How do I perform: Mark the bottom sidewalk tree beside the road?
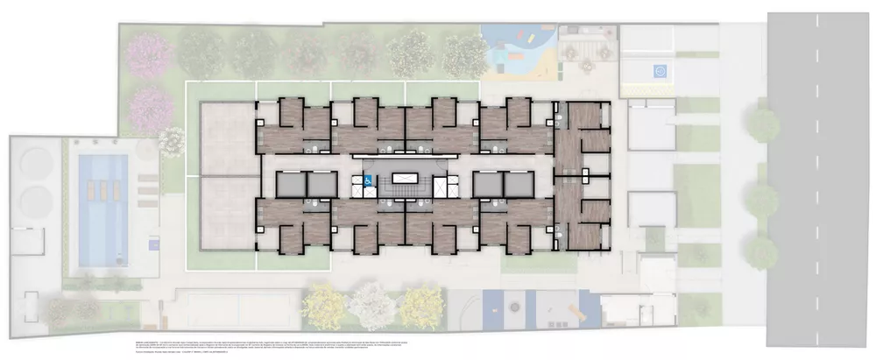coord(762,251)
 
